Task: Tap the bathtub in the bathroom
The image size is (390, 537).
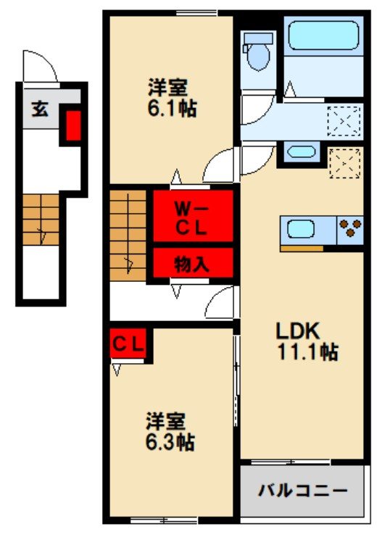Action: tap(323, 36)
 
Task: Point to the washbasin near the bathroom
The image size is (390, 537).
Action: tap(300, 152)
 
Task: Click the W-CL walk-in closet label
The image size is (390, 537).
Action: tap(192, 215)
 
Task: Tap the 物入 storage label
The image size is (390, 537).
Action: tap(192, 264)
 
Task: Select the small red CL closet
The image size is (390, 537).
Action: tap(128, 344)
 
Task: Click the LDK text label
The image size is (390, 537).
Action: tap(297, 330)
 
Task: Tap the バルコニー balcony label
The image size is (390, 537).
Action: tap(303, 491)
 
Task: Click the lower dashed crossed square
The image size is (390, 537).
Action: tap(344, 162)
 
